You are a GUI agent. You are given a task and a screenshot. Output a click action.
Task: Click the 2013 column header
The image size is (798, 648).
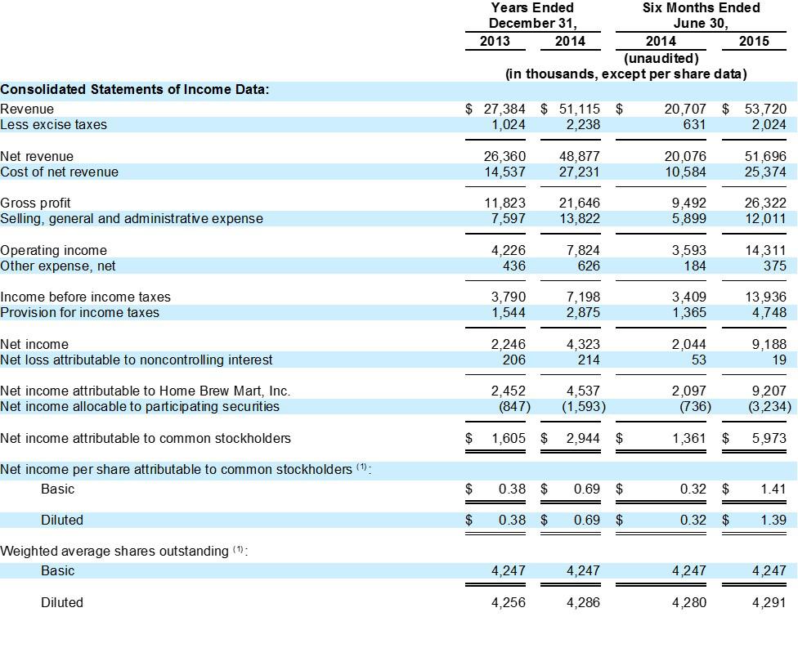tap(495, 41)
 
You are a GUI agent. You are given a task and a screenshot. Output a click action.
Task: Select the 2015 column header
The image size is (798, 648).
tap(753, 41)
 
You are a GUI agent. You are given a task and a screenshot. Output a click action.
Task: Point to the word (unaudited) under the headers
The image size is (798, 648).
tap(661, 58)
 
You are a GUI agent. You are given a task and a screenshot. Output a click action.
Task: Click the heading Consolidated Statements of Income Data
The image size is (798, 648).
tap(135, 90)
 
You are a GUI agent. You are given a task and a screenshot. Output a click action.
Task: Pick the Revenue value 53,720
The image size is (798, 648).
tap(765, 109)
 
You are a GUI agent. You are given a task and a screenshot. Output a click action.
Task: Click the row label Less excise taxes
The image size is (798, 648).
tap(53, 125)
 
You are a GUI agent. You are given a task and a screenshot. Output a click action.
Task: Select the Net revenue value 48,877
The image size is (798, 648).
tap(583, 156)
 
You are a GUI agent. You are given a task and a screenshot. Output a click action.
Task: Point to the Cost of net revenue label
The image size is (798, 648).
tap(59, 172)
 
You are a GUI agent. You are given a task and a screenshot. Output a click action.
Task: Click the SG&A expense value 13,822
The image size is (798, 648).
tap(583, 218)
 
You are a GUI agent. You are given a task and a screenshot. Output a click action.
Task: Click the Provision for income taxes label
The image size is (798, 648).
tap(79, 312)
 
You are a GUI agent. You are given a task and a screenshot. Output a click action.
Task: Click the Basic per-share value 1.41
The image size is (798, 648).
tap(773, 489)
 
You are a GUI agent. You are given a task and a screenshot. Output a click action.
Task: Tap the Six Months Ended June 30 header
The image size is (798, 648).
tap(702, 16)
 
